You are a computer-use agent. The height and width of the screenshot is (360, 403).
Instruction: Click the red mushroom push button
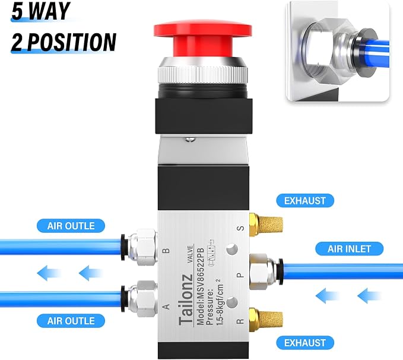click(203, 39)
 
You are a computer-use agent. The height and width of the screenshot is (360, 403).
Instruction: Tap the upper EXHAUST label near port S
click(305, 201)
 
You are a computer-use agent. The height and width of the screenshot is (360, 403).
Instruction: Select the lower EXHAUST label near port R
click(305, 343)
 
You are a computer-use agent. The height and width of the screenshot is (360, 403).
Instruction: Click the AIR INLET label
click(349, 249)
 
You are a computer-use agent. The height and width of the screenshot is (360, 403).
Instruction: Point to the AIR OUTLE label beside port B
click(71, 226)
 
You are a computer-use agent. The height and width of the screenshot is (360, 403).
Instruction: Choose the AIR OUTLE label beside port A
click(71, 321)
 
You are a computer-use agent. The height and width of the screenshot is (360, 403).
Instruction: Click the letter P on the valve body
click(240, 275)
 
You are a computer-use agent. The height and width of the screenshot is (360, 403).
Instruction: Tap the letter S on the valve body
click(240, 228)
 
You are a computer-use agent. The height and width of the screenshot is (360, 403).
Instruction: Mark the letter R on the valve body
click(240, 321)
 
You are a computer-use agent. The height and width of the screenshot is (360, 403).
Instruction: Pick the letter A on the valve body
click(167, 307)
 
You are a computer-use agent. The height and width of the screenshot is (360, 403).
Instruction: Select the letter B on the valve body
click(167, 250)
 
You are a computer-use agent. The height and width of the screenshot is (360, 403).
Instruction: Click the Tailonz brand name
click(186, 300)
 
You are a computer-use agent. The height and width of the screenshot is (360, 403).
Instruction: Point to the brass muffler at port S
click(266, 225)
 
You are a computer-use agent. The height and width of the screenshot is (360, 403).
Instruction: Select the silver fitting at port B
click(139, 247)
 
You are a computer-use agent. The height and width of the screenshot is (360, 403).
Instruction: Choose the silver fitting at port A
click(139, 299)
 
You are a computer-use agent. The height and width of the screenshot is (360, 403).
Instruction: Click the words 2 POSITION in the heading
click(64, 42)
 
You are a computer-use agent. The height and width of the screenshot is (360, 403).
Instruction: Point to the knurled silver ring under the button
click(203, 71)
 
